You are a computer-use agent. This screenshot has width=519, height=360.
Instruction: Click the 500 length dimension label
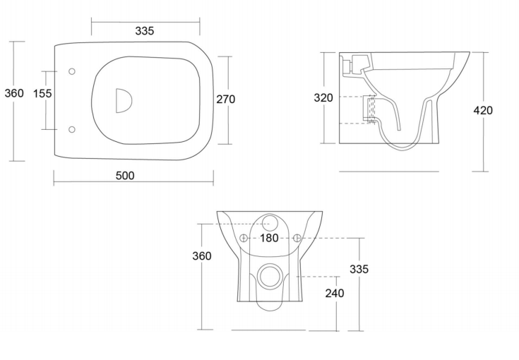pyautogui.click(x=125, y=176)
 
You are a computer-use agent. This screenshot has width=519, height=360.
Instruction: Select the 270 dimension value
pyautogui.click(x=226, y=100)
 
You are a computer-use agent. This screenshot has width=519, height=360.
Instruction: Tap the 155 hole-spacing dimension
pyautogui.click(x=42, y=94)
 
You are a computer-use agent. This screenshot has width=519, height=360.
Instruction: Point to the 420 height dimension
pyautogui.click(x=483, y=111)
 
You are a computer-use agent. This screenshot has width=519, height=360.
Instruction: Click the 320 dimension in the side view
pyautogui.click(x=323, y=98)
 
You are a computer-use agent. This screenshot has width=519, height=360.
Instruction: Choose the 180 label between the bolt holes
pyautogui.click(x=269, y=238)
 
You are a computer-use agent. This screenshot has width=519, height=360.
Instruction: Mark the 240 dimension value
pyautogui.click(x=335, y=293)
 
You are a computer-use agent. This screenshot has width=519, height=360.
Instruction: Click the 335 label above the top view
pyautogui.click(x=145, y=31)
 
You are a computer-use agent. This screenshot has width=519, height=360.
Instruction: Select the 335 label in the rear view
pyautogui.click(x=359, y=270)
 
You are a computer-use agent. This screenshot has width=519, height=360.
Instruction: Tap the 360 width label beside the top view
pyautogui.click(x=14, y=93)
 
